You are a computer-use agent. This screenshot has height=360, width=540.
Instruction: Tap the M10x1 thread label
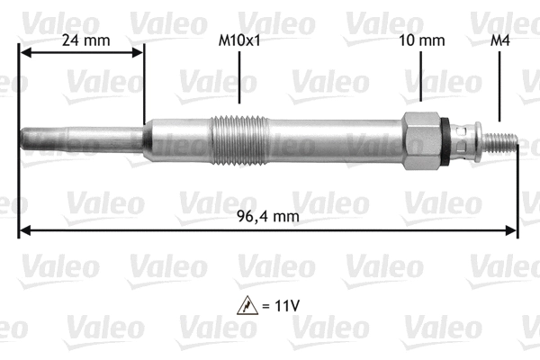(x=239, y=40)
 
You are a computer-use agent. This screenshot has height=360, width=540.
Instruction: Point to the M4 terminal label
(x=499, y=40)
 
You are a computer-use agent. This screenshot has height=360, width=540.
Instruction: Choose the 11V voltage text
(x=285, y=304)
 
